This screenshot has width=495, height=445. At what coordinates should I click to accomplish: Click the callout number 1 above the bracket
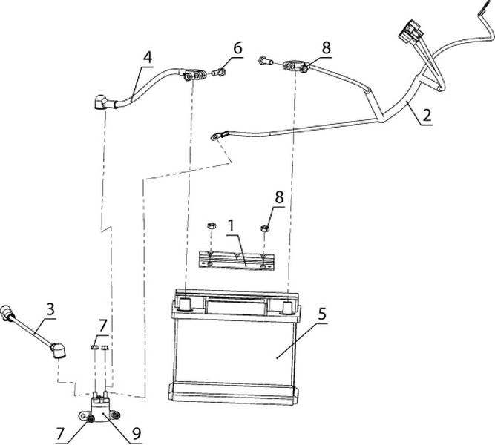pos(232,222)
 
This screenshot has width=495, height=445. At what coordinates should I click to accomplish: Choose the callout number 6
pos(237,48)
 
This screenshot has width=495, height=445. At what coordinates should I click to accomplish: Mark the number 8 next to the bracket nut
pos(279,198)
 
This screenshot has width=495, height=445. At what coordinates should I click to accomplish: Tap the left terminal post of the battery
pos(183,303)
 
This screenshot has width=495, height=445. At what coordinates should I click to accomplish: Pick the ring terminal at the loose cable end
pos(217,136)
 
